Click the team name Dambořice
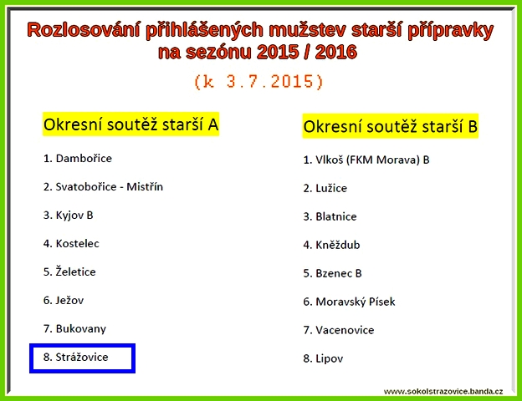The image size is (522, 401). [84, 158]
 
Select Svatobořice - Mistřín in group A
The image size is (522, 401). [110, 186]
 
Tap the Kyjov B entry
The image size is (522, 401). [74, 216]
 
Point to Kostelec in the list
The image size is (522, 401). [77, 243]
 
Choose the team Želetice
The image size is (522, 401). [75, 272]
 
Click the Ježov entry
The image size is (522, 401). [69, 301]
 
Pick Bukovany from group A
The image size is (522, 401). [81, 329]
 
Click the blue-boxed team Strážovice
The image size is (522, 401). [82, 357]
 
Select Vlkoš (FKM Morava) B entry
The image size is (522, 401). [372, 160]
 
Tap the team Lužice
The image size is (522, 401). [331, 188]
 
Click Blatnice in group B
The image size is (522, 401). [336, 216]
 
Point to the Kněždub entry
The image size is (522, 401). [338, 245]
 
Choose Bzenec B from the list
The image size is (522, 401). [339, 273]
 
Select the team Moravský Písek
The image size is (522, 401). [356, 302]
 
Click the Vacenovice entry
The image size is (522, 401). [345, 330]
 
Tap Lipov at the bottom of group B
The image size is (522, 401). [330, 358]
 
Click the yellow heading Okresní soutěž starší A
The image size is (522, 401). [130, 124]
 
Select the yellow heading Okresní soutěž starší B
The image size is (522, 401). [390, 126]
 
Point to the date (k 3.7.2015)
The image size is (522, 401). [258, 82]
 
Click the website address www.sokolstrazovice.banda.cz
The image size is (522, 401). [443, 391]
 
